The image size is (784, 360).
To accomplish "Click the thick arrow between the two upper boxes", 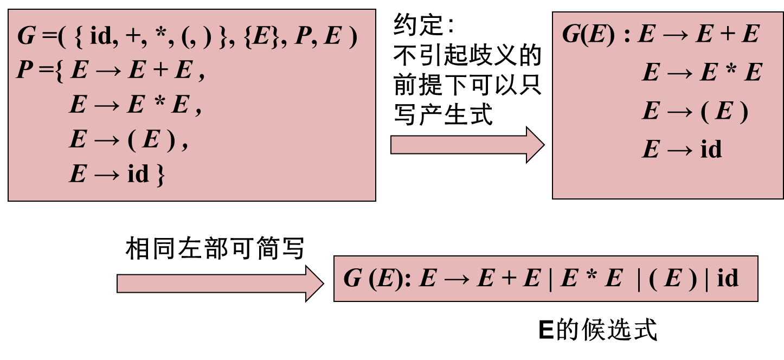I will [466, 145].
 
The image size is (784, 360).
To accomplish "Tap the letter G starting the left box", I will [27, 36].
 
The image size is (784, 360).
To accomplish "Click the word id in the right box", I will [711, 149].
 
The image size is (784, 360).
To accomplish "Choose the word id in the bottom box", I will [728, 278].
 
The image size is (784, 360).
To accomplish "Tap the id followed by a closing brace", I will [138, 174].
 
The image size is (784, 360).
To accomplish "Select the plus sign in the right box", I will [727, 35].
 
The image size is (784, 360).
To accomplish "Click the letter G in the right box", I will [571, 34].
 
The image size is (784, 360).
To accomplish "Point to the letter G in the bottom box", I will [352, 279].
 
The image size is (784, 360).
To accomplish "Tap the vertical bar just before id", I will [706, 279].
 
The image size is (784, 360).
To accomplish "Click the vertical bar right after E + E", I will [550, 279].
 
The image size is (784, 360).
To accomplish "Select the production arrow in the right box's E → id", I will [679, 150].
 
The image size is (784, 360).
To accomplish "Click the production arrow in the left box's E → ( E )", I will [107, 140].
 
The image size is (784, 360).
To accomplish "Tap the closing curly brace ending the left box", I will [160, 175].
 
